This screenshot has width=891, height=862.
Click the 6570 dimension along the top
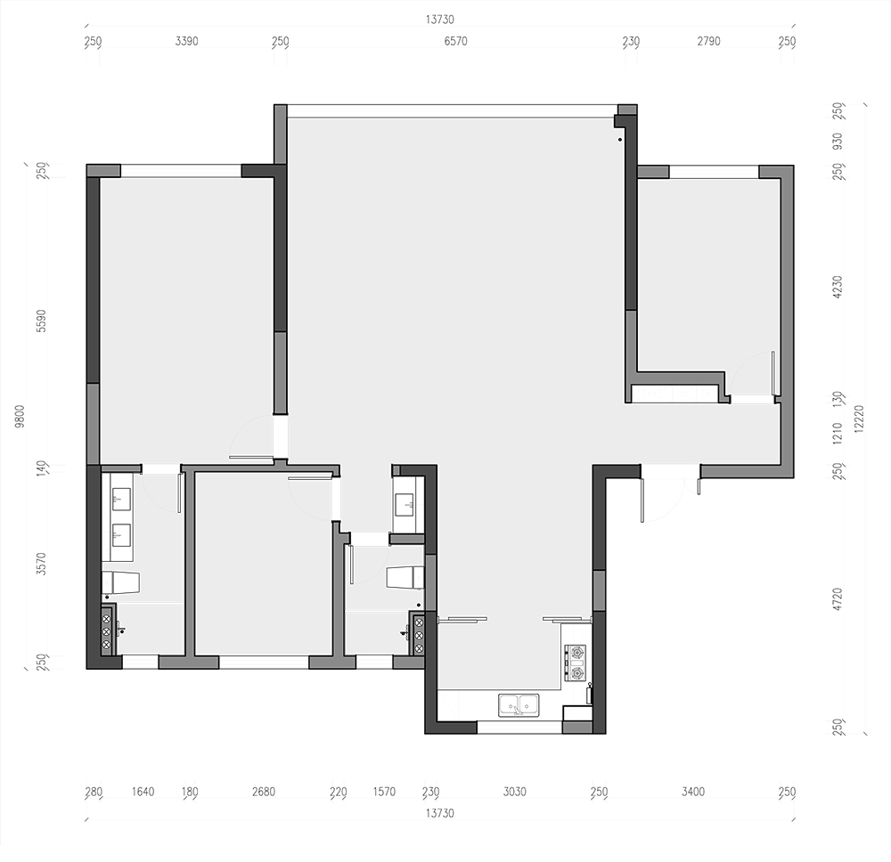[455, 42]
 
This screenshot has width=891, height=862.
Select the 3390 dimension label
[186, 42]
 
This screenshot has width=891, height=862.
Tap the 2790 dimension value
[708, 42]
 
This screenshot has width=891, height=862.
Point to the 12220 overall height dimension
[859, 419]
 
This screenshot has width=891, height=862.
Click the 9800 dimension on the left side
[20, 416]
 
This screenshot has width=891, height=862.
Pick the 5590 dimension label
[41, 321]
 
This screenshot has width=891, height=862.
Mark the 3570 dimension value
[41, 564]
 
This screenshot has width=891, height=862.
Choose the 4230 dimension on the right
[837, 288]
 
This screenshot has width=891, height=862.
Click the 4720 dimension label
[837, 599]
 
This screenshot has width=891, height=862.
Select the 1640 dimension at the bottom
[143, 792]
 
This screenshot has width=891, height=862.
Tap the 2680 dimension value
[264, 792]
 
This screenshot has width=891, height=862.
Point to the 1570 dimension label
[384, 792]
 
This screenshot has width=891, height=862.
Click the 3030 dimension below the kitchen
[515, 792]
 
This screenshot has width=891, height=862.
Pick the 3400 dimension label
[693, 792]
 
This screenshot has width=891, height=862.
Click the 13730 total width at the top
[440, 20]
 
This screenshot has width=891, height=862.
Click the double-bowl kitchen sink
[519, 704]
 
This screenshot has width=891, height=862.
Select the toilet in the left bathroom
[120, 583]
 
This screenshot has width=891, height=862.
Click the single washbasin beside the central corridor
[408, 505]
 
